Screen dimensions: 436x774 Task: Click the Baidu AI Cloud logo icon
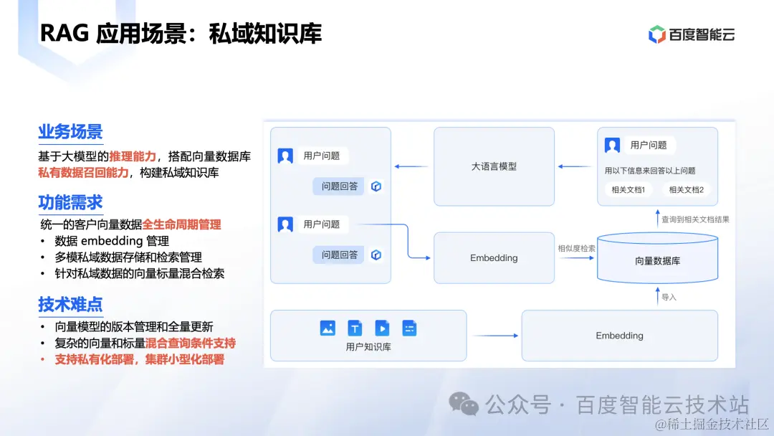[657, 34]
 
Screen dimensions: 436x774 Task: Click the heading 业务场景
[70, 131]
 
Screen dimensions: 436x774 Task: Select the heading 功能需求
[70, 203]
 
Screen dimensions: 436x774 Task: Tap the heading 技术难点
[70, 304]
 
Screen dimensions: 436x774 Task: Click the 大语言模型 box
[494, 166]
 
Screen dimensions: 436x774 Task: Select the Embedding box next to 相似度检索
[494, 258]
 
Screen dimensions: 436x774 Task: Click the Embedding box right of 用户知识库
[619, 336]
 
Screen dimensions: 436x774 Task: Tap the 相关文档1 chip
[629, 190]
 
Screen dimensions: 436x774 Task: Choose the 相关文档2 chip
[686, 190]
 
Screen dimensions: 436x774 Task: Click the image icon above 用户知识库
[328, 328]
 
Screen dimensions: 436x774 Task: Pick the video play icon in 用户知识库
[382, 328]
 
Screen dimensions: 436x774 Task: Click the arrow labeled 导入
[657, 295]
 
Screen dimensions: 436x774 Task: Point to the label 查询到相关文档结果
[694, 219]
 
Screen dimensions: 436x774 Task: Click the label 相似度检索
[576, 248]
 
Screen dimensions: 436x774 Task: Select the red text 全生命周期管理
[182, 224]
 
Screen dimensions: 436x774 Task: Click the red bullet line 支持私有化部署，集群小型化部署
[139, 359]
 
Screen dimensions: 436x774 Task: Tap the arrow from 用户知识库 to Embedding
[494, 336]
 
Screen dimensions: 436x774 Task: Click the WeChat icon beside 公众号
[464, 404]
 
